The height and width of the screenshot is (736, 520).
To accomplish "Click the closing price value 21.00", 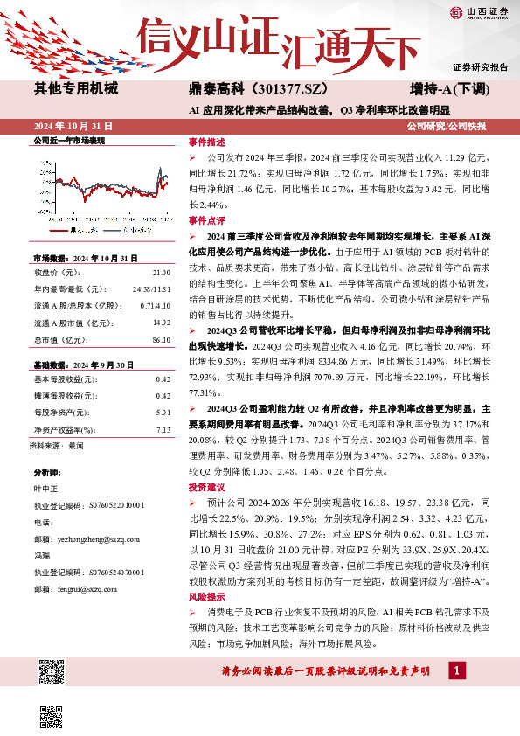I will (162, 272).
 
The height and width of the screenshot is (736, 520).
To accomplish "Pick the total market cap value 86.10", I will (161, 340).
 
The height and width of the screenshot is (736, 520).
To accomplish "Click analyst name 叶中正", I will (45, 489).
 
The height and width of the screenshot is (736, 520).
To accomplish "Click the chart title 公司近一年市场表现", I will (68, 141).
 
